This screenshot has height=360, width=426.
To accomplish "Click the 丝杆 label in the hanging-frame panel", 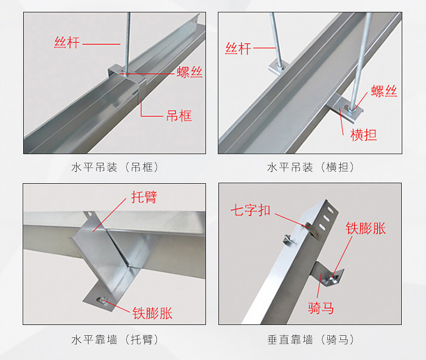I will coord(67,42).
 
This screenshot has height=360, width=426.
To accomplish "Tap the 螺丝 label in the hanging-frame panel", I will coord(190,72).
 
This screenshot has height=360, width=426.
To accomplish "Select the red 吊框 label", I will coord(178,115).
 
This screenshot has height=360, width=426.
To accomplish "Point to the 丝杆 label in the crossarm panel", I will coord(238,49).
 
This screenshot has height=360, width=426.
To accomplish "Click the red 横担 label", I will coord(363,135).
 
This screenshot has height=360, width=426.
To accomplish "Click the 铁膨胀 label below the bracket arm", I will coord(153,313).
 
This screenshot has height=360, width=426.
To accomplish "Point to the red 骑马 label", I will coord(321,308).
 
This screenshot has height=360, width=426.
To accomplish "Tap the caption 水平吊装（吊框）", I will coord(115,167).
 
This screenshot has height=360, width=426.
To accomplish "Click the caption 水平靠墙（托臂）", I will coord(115,340).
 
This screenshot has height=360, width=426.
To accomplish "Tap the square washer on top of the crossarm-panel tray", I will coord(278,67).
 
